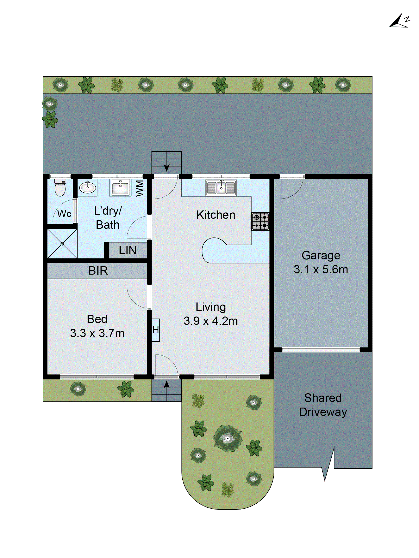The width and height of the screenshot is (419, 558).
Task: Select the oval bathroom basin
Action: click(87, 187)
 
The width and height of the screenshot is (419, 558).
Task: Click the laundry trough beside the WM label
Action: click(120, 187)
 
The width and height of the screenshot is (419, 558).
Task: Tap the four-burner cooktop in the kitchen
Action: click(260, 221)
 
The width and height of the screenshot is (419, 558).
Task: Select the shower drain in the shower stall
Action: click(62, 243)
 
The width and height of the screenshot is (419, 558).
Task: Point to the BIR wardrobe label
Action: click(98, 271)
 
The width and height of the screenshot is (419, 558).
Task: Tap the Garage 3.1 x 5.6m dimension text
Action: click(321, 269)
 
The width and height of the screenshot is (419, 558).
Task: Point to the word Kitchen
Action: click(216, 215)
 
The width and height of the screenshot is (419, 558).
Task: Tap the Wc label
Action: click(64, 214)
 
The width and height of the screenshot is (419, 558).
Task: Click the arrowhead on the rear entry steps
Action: click(166, 168)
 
